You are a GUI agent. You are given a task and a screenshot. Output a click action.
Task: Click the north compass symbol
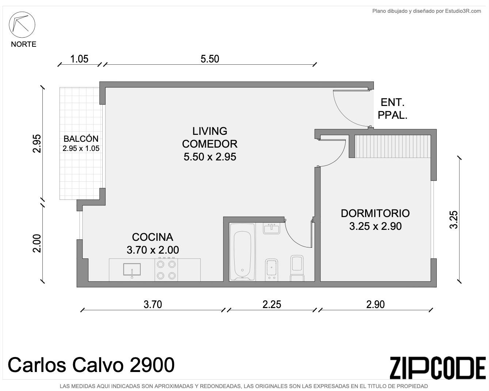22,24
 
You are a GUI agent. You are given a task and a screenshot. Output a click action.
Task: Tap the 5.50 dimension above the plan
210,59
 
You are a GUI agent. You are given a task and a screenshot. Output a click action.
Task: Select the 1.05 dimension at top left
79,59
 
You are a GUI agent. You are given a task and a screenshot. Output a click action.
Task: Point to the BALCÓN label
81,138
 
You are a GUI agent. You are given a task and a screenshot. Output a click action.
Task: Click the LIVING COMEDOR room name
210,137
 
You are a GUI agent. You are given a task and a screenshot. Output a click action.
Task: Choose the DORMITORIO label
375,213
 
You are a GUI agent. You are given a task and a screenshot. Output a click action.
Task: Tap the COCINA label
152,237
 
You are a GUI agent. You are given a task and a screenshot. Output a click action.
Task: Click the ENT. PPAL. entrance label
393,109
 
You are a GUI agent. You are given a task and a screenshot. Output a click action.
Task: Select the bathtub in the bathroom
242,252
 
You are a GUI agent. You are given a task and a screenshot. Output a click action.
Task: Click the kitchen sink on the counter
132,269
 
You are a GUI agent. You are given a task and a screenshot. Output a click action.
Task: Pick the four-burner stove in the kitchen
166,270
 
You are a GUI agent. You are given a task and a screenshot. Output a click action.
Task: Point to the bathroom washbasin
272,228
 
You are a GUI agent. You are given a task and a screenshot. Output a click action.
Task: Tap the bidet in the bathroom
272,269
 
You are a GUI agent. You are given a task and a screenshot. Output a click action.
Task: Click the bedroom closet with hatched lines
393,146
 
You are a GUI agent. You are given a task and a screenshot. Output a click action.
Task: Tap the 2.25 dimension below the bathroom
272,304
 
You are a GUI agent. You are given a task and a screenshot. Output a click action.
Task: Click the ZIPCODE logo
437,368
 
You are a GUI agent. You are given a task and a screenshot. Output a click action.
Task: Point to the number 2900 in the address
152,365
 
